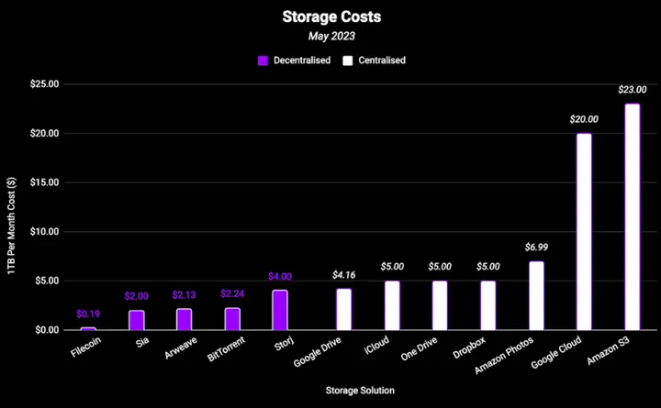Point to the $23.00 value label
(x=632, y=90)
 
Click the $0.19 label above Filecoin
(x=88, y=314)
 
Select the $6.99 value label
(x=536, y=248)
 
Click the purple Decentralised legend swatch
(x=263, y=61)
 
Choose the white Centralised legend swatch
(x=348, y=61)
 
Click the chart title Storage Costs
(x=330, y=17)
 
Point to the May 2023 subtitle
(x=330, y=37)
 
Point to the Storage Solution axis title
(x=360, y=391)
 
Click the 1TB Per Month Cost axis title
(x=12, y=206)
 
